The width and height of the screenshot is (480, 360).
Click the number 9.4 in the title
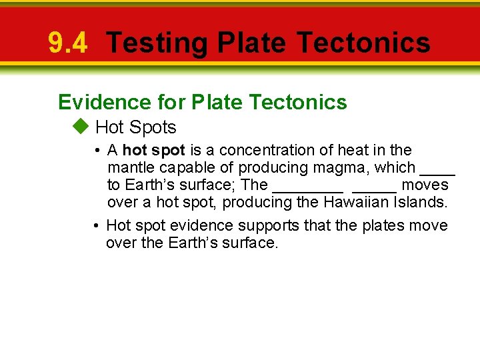(x=67, y=43)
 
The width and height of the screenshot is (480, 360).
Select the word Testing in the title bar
(x=157, y=43)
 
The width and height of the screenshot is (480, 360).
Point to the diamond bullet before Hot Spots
(x=81, y=127)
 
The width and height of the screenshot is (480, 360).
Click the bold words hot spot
(x=154, y=151)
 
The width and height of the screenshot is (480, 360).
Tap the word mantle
(x=131, y=168)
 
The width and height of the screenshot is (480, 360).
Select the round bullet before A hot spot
(x=97, y=151)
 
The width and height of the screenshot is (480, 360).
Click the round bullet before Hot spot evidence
(x=97, y=226)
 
